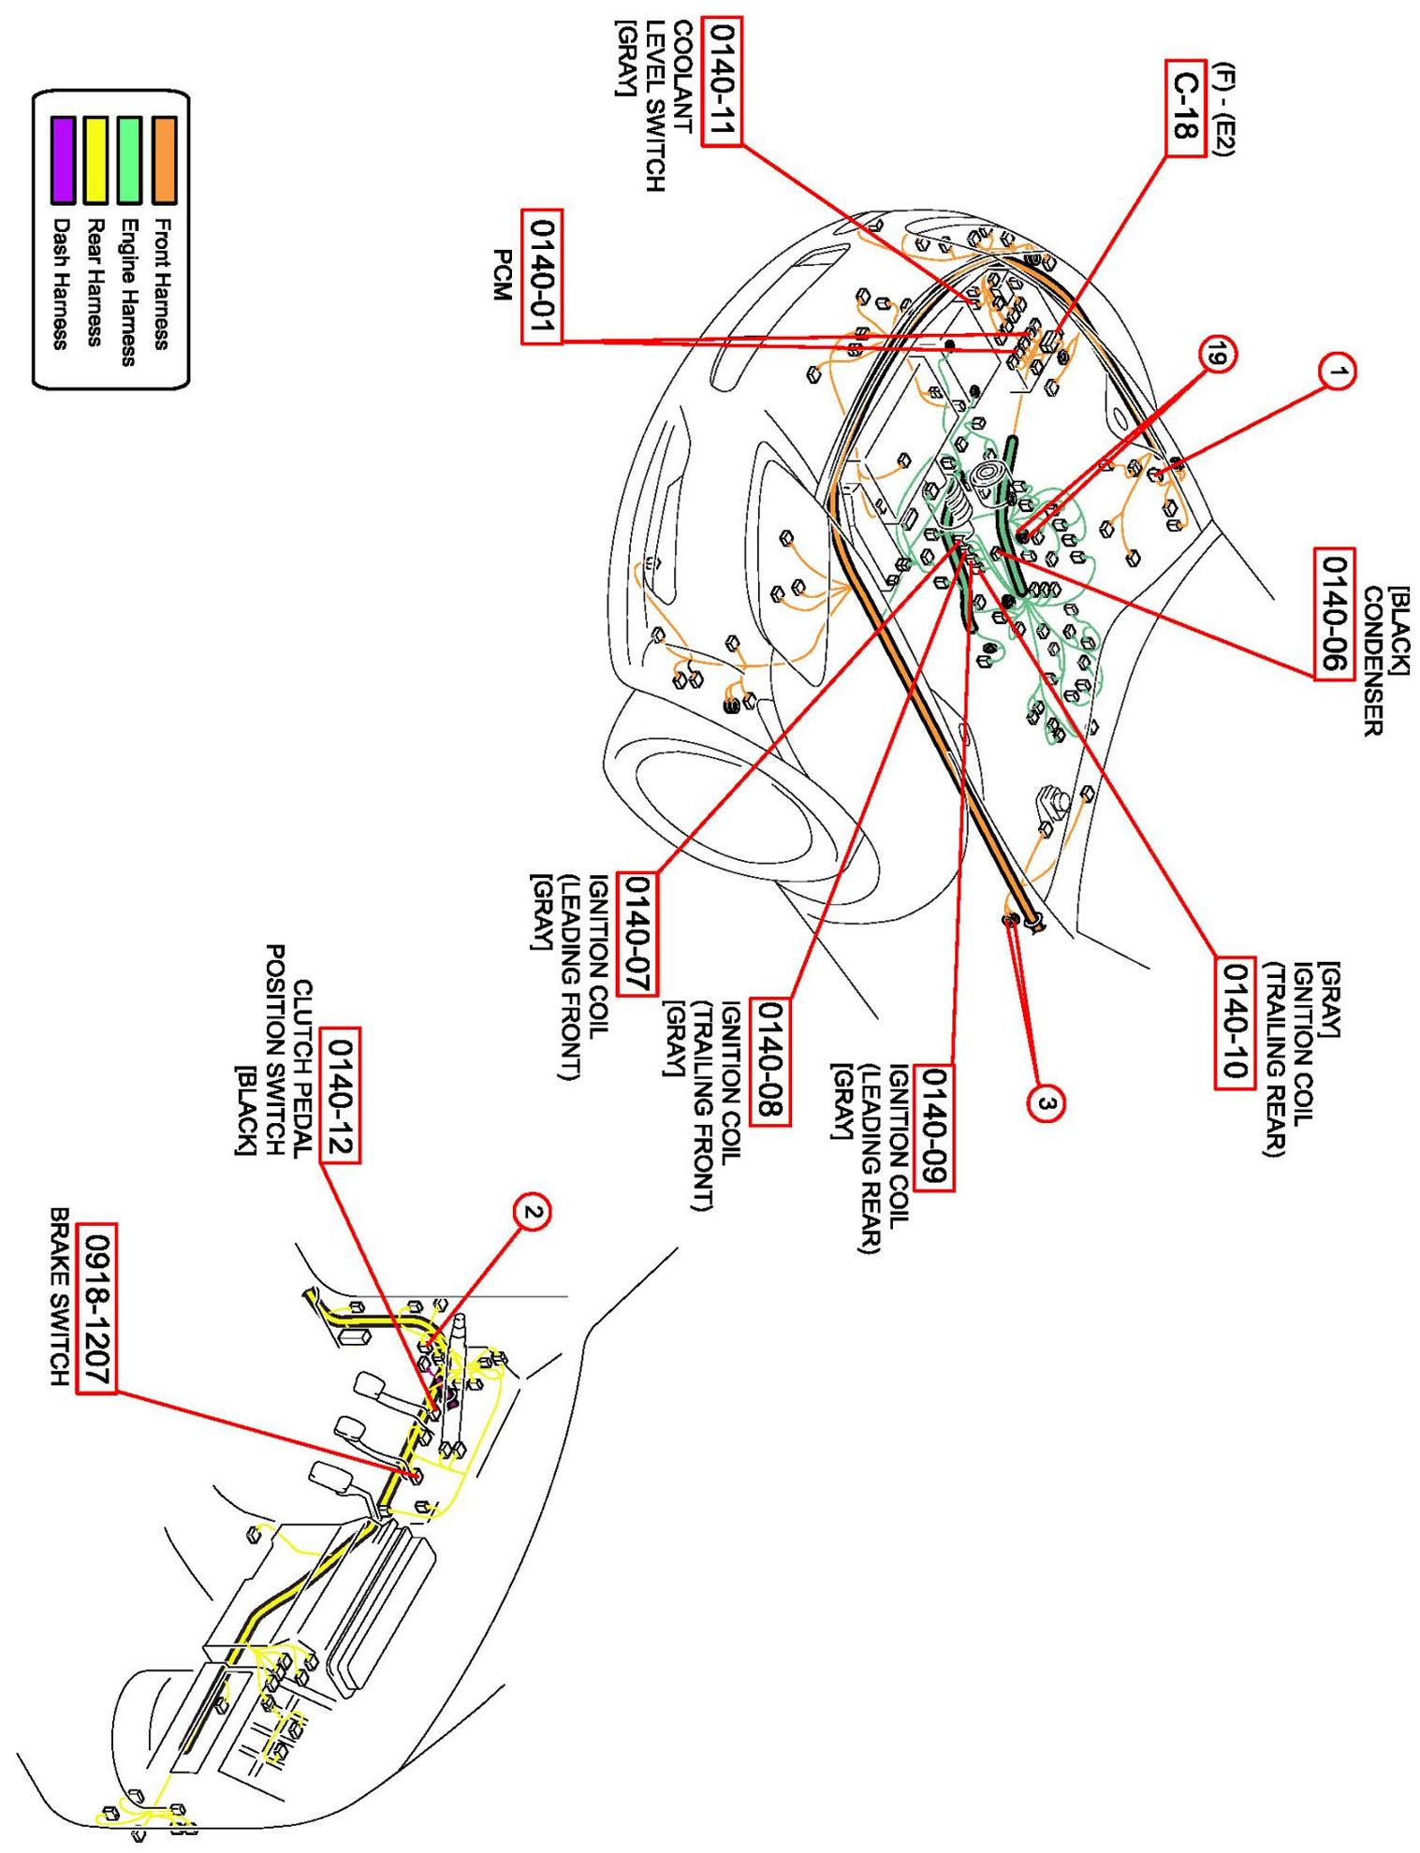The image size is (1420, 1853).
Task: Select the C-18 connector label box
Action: [x=1184, y=109]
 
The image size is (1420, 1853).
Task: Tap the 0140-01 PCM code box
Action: [x=541, y=276]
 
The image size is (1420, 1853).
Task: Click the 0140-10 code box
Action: [x=1235, y=1022]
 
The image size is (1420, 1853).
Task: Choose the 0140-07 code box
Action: [x=641, y=933]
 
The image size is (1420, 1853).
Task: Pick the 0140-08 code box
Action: [x=772, y=1061]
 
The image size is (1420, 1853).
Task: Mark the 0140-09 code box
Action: [x=934, y=1127]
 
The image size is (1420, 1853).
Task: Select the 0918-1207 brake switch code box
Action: [x=96, y=1307]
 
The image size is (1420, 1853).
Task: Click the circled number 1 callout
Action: [x=1339, y=372]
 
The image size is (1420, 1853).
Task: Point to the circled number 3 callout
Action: [x=1047, y=1104]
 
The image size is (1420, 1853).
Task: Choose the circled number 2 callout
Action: [x=531, y=1213]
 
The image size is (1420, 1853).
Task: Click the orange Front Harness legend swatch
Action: [x=165, y=159]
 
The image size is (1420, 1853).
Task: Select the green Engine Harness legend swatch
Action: [x=130, y=159]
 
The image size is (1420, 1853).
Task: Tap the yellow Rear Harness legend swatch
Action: [x=96, y=159]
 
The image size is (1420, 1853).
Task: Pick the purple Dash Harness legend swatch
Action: [x=63, y=159]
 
